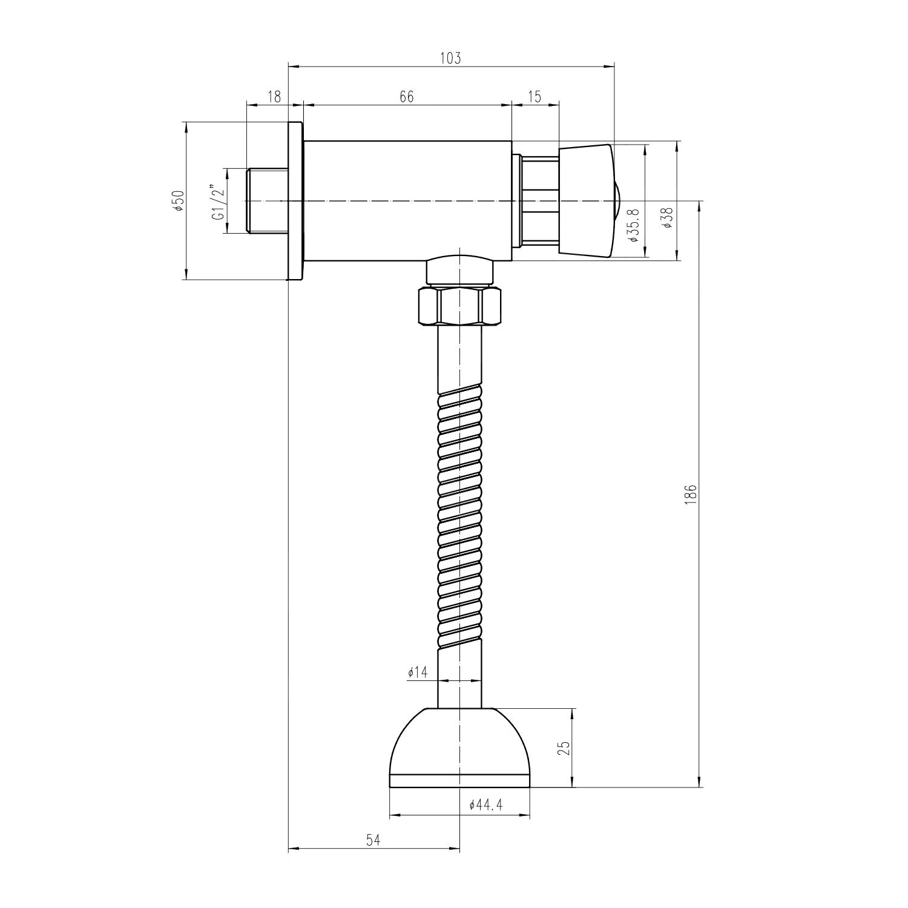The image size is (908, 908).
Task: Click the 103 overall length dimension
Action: (x=450, y=58)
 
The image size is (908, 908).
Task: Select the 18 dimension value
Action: (x=274, y=97)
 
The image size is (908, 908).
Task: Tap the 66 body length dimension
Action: (x=406, y=97)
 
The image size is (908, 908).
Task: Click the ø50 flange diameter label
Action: (x=178, y=200)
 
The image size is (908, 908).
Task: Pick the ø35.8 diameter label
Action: (x=634, y=225)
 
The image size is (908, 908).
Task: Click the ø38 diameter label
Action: (x=668, y=217)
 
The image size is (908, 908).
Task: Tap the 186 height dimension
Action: (x=692, y=494)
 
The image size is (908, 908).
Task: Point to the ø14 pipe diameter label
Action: (x=418, y=673)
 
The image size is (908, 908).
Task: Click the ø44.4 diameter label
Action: (x=485, y=806)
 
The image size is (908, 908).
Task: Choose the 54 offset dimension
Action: (x=373, y=840)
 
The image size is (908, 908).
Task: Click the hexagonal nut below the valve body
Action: (x=459, y=307)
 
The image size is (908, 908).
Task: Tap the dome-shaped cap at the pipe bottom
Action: (x=459, y=748)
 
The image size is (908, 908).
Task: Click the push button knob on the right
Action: (x=586, y=200)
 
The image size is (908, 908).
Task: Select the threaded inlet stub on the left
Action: (x=266, y=200)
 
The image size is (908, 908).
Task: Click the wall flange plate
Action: (x=295, y=200)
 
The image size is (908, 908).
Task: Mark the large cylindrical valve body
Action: (x=407, y=200)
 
